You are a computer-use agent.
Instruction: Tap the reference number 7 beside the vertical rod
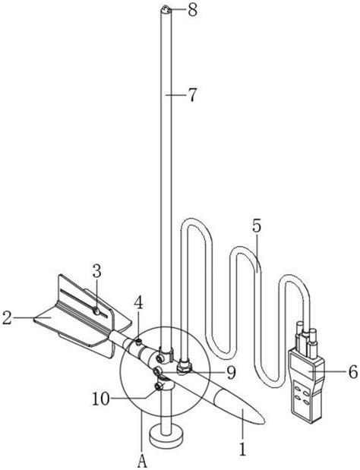click(x=192, y=95)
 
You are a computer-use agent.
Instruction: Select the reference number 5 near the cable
click(x=257, y=226)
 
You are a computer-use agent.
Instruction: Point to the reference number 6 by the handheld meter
click(x=353, y=372)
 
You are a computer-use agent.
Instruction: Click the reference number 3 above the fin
click(x=96, y=272)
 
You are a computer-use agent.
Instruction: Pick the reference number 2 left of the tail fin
click(x=7, y=318)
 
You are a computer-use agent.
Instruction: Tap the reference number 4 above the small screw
click(x=138, y=303)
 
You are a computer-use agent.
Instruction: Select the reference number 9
click(x=231, y=373)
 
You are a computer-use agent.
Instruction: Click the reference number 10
click(x=101, y=399)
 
